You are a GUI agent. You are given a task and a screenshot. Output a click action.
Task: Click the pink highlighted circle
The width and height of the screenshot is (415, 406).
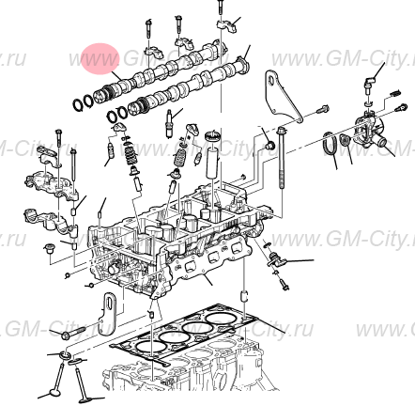[100, 59]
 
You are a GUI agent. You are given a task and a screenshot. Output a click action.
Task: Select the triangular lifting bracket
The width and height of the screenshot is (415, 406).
[279, 96]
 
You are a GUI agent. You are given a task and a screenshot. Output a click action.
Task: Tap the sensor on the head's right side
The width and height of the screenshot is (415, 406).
[275, 258]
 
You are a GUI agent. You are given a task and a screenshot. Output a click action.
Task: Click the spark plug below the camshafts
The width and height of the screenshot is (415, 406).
[171, 120]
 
